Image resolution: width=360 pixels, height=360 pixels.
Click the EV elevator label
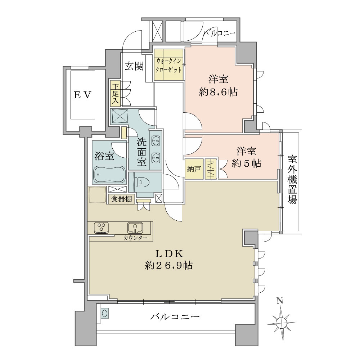click(x=82, y=95)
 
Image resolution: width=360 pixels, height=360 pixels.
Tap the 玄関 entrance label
click(x=134, y=66)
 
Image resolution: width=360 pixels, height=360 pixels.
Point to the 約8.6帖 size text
click(x=218, y=92)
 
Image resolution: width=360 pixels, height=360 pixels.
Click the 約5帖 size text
click(x=246, y=163)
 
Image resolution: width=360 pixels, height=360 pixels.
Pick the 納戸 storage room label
click(x=194, y=169)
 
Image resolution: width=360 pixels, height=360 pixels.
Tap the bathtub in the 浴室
click(x=109, y=174)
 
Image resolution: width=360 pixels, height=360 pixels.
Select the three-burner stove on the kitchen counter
click(x=101, y=228)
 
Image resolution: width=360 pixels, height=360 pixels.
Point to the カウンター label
click(x=135, y=238)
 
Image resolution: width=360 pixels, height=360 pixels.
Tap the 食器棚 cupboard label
click(x=122, y=199)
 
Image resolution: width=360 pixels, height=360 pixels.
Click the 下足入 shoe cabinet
click(x=116, y=93)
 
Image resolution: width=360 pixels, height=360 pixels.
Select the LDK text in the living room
click(x=170, y=254)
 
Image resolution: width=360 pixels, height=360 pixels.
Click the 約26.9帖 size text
click(x=169, y=265)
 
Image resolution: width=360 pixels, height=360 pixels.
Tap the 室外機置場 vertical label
click(x=292, y=180)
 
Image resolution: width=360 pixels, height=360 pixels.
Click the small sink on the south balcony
click(x=104, y=314)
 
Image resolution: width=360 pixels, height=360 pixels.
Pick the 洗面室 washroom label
click(x=141, y=152)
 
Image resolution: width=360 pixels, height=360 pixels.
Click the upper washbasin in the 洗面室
click(x=156, y=141)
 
